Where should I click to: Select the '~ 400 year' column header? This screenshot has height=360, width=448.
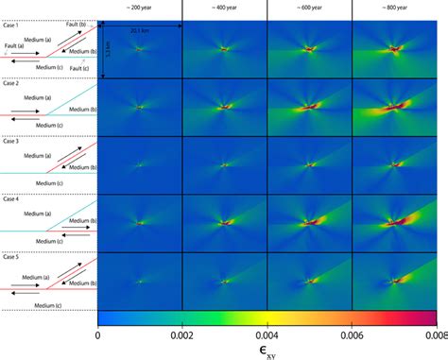click(x=224, y=8)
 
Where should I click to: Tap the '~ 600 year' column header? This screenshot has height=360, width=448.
click(x=309, y=8)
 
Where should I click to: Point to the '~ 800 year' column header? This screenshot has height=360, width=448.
click(x=394, y=8)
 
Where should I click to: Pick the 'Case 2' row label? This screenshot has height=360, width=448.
click(x=11, y=84)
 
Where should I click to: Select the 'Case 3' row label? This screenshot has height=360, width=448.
click(x=11, y=142)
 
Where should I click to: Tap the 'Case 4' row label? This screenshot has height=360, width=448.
click(x=11, y=199)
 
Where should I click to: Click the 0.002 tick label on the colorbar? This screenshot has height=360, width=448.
click(x=182, y=334)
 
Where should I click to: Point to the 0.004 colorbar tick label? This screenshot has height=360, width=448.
click(x=267, y=334)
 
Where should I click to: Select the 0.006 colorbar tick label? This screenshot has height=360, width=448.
click(x=352, y=334)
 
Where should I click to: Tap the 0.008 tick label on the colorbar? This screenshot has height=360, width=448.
click(x=435, y=334)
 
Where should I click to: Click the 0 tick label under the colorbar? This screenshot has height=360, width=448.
click(x=98, y=334)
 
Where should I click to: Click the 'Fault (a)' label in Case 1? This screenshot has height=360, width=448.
click(x=14, y=44)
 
